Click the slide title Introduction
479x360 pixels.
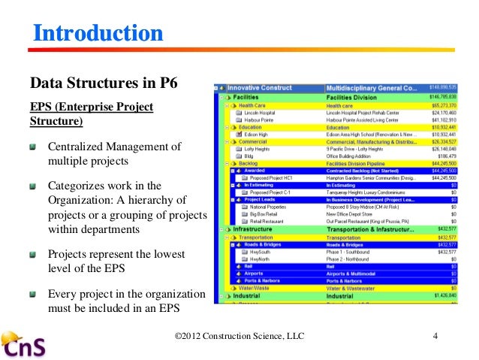[97, 33]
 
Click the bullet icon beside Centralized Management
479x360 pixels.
[34, 146]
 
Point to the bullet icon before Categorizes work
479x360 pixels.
[34, 185]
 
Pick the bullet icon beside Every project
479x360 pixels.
[34, 294]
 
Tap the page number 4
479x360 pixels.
[435, 335]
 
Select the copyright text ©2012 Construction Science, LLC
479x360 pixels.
[239, 335]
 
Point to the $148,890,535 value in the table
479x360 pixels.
[440, 87]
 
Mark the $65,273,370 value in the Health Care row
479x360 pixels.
[441, 105]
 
